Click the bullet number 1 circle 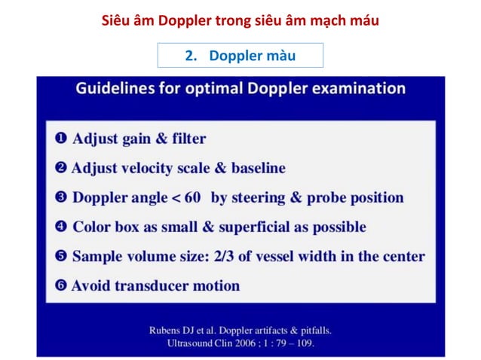[61, 139]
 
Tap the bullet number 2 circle [61, 168]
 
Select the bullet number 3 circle [61, 197]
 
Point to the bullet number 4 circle [61, 227]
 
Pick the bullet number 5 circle [61, 256]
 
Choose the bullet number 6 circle [61, 285]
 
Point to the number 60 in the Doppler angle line [192, 197]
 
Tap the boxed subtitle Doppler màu [240, 56]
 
